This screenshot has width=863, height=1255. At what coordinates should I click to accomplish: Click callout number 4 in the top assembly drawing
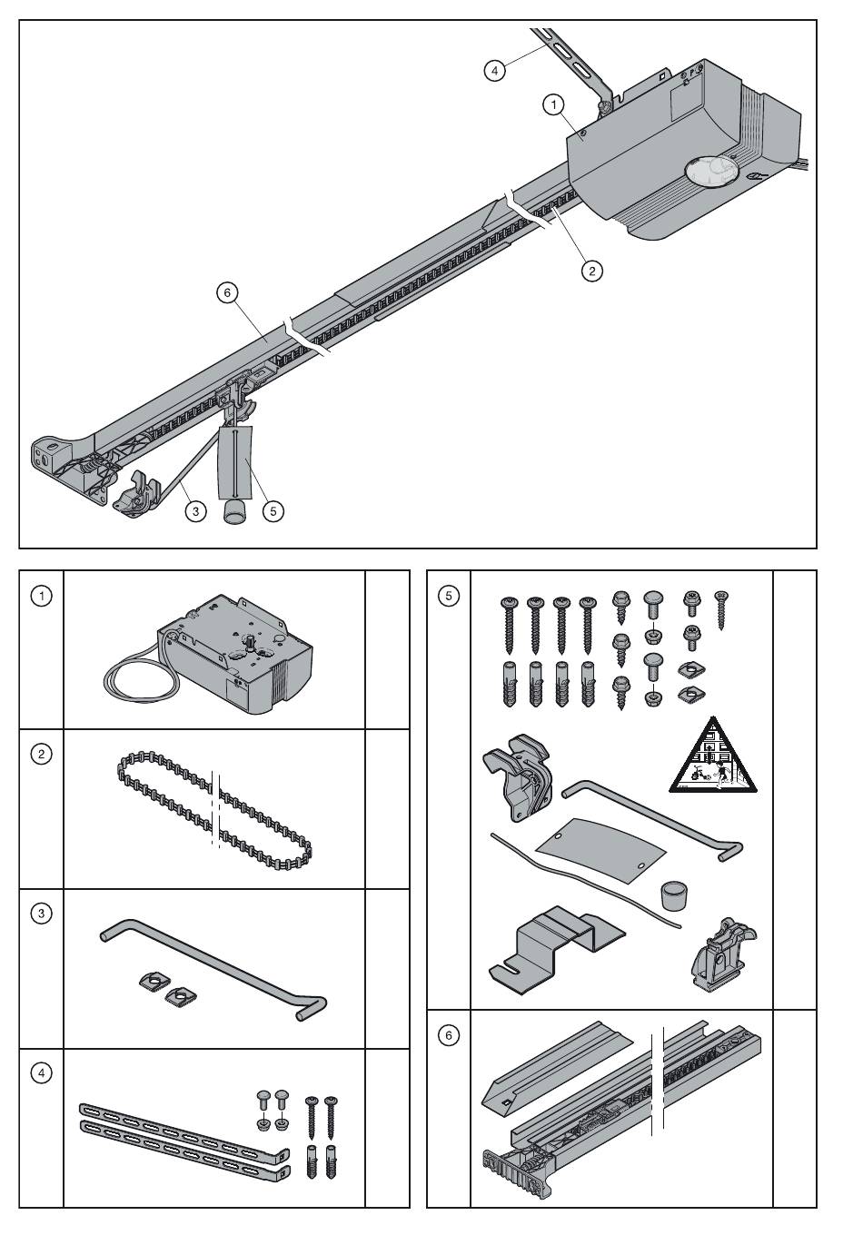click(494, 71)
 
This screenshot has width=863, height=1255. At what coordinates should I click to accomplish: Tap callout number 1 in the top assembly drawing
click(553, 104)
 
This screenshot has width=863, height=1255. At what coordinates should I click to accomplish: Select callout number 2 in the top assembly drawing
click(592, 272)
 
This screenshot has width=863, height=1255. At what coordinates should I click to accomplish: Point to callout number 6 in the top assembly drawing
click(227, 292)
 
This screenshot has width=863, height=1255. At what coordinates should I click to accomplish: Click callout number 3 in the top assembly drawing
click(195, 511)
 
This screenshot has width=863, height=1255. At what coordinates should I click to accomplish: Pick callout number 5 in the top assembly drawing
click(273, 511)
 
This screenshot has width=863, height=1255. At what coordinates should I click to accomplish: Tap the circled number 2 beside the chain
click(42, 754)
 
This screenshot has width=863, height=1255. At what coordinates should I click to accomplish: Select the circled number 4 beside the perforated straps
click(42, 1072)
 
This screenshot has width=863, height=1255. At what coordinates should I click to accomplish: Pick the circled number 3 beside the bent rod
click(42, 914)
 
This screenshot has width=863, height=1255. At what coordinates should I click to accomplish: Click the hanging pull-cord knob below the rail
click(235, 512)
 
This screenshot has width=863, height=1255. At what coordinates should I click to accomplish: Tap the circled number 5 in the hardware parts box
click(449, 596)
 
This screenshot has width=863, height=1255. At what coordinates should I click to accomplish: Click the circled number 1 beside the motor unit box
click(42, 596)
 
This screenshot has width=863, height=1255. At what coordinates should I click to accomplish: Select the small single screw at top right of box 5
click(722, 610)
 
